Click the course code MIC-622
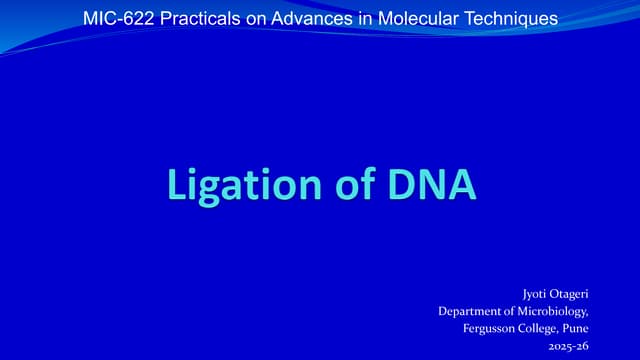(116, 18)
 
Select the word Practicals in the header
(192, 18)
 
